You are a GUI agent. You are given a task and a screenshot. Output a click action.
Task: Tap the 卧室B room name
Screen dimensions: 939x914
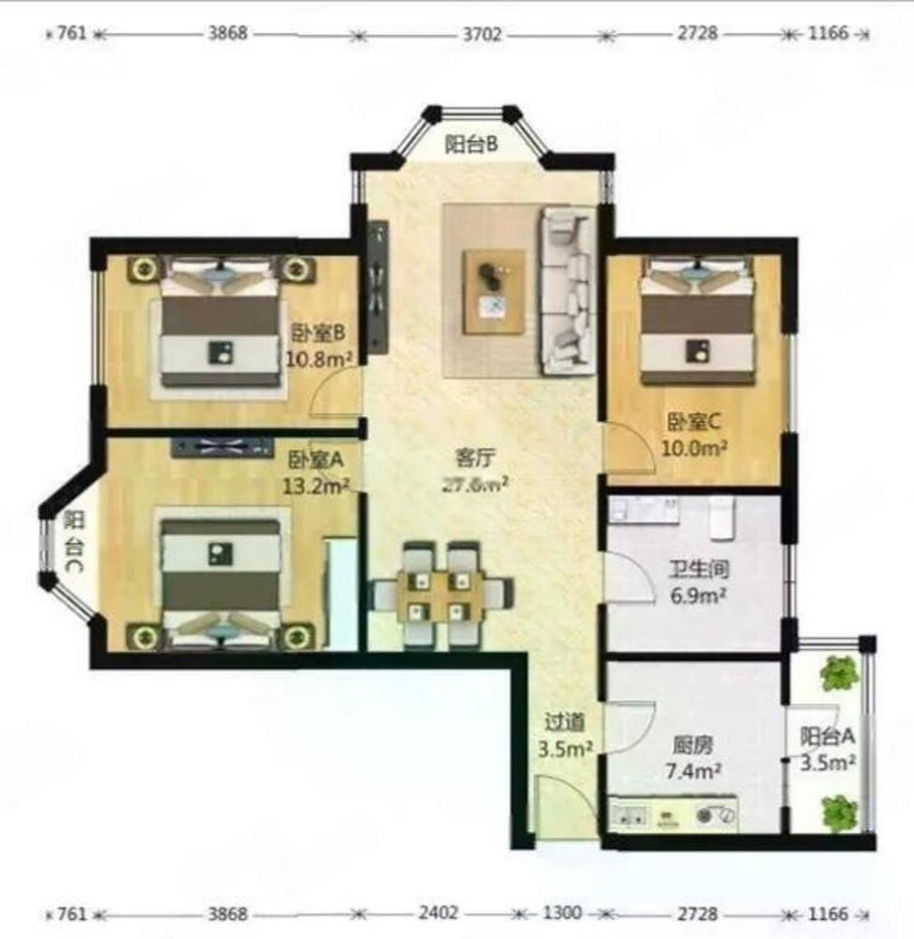[318, 333]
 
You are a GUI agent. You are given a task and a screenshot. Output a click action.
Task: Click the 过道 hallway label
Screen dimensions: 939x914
[566, 722]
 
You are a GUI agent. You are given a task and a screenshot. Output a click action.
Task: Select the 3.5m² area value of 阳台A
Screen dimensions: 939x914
[828, 762]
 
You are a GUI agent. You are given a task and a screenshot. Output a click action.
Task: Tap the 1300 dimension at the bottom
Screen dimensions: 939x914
[561, 913]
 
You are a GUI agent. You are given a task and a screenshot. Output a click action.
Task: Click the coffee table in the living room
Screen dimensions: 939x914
[493, 289]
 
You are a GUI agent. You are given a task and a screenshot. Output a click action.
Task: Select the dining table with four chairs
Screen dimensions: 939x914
[441, 596]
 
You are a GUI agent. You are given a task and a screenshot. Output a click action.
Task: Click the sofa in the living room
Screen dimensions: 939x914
[567, 289]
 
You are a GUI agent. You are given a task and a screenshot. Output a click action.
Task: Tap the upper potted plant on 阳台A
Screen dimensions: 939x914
[839, 672]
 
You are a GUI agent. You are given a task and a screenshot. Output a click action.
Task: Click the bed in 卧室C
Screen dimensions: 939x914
[697, 322]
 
